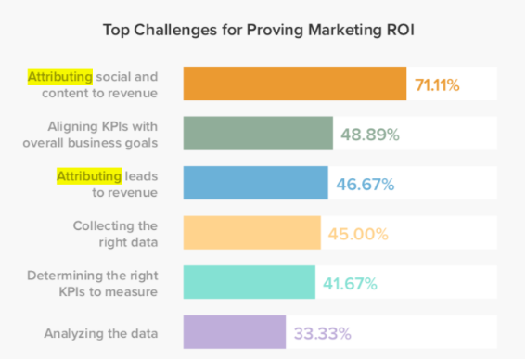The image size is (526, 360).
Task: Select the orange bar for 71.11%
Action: tap(295, 84)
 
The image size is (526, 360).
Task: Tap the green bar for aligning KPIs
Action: tap(258, 134)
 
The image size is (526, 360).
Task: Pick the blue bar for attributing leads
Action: tap(255, 183)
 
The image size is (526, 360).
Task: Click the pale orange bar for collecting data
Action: tap(251, 233)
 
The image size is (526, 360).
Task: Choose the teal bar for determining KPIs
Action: tap(249, 283)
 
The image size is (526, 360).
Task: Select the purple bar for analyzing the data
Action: tap(234, 332)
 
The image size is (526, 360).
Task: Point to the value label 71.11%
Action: tap(438, 85)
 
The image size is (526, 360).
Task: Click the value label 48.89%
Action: tap(368, 135)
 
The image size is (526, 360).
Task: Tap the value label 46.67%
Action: tap(363, 184)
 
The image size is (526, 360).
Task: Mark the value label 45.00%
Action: tap(356, 234)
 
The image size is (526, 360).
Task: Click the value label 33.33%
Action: tap(320, 333)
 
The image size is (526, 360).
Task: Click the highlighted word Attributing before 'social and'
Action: tap(59, 75)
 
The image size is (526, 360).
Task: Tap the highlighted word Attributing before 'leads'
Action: tap(89, 174)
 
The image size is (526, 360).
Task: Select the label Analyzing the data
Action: tap(100, 332)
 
